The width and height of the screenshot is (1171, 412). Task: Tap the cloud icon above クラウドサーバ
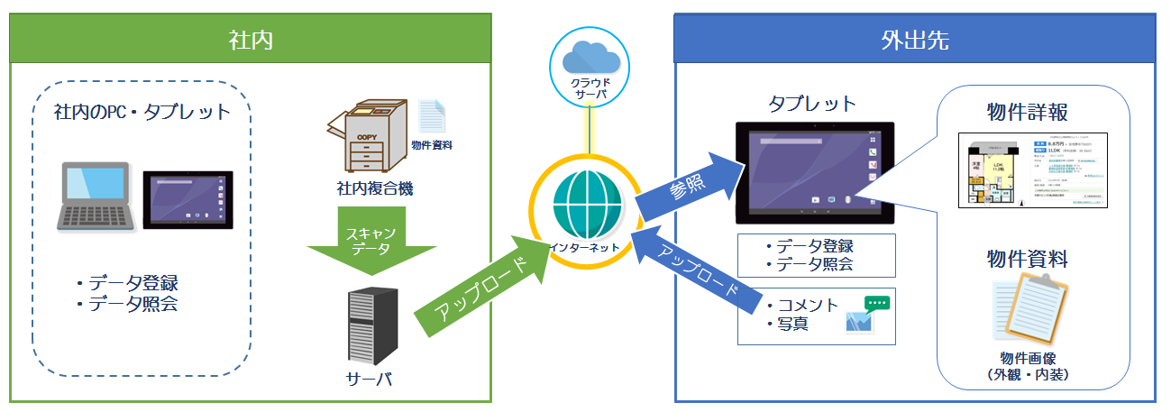point(590,59)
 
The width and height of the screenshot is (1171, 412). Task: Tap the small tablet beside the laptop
point(188,197)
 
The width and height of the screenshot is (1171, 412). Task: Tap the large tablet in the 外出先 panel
point(815,173)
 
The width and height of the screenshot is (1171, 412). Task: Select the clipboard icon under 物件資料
point(1029,312)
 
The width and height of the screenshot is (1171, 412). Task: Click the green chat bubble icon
point(875,304)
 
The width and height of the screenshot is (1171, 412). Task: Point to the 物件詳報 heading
point(1028,113)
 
